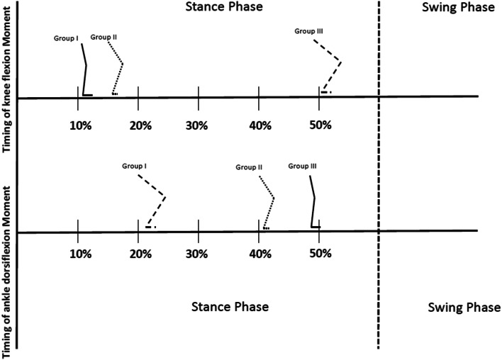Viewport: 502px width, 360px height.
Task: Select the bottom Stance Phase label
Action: click(x=230, y=308)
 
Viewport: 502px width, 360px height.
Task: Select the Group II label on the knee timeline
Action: click(x=104, y=38)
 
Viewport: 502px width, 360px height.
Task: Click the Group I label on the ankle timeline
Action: click(x=133, y=167)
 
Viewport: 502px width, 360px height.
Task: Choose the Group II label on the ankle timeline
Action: click(x=250, y=168)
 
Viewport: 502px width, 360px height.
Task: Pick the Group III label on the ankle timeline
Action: click(x=303, y=167)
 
